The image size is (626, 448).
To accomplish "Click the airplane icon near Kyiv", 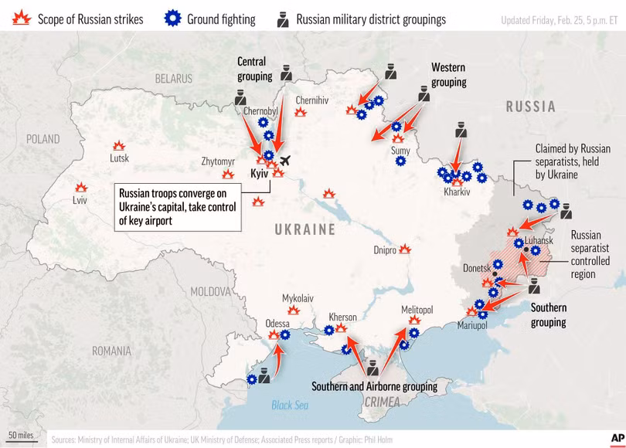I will [284, 161].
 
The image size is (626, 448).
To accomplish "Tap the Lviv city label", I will [79, 200].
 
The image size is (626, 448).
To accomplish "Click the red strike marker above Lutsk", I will [118, 145].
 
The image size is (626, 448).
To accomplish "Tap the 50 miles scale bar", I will [22, 436].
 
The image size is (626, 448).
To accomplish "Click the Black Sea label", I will [290, 406].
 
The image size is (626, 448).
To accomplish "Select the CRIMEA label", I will [382, 402].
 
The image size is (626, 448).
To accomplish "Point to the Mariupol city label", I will [472, 326].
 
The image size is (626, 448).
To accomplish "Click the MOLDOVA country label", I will [211, 292].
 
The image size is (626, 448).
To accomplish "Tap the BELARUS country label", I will [173, 78].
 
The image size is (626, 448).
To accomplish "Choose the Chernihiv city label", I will [311, 100].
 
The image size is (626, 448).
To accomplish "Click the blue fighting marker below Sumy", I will [400, 161].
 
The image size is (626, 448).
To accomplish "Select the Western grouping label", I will [449, 74].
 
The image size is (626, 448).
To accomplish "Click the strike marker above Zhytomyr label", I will [229, 175].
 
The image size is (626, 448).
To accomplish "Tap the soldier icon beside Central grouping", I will [286, 74].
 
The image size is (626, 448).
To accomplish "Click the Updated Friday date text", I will [558, 19].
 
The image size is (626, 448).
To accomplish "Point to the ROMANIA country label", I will [111, 351].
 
